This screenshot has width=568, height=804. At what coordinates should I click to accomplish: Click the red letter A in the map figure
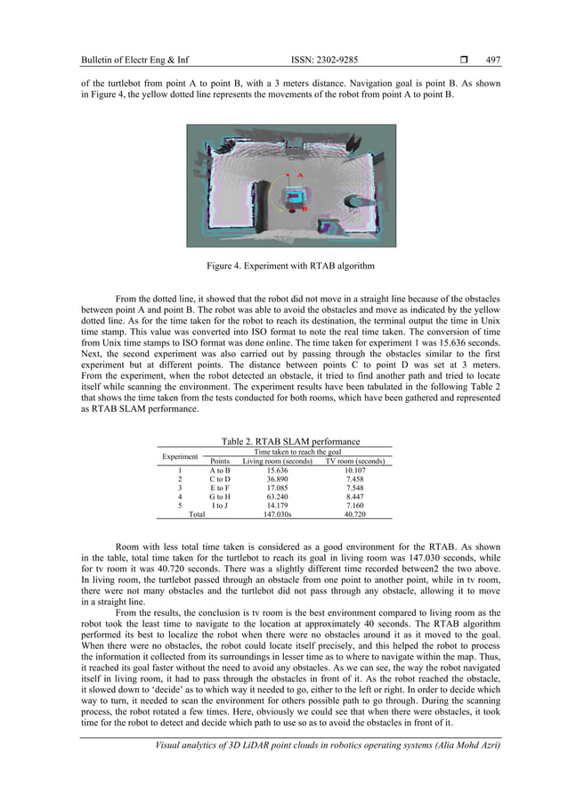click(301, 175)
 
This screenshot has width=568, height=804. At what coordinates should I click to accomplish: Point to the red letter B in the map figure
click(305, 209)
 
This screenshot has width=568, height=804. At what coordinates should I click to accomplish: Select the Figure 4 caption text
click(283, 265)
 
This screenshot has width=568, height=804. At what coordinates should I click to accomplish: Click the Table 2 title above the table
click(283, 440)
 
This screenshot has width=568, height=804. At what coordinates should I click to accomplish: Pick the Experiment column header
click(180, 456)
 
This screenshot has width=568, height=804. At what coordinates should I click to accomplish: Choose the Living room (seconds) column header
click(278, 461)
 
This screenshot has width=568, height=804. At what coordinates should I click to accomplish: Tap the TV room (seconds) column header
click(354, 461)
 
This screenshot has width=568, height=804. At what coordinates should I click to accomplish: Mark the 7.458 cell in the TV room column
click(354, 480)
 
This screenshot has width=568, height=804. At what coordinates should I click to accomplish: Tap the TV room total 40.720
click(354, 514)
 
